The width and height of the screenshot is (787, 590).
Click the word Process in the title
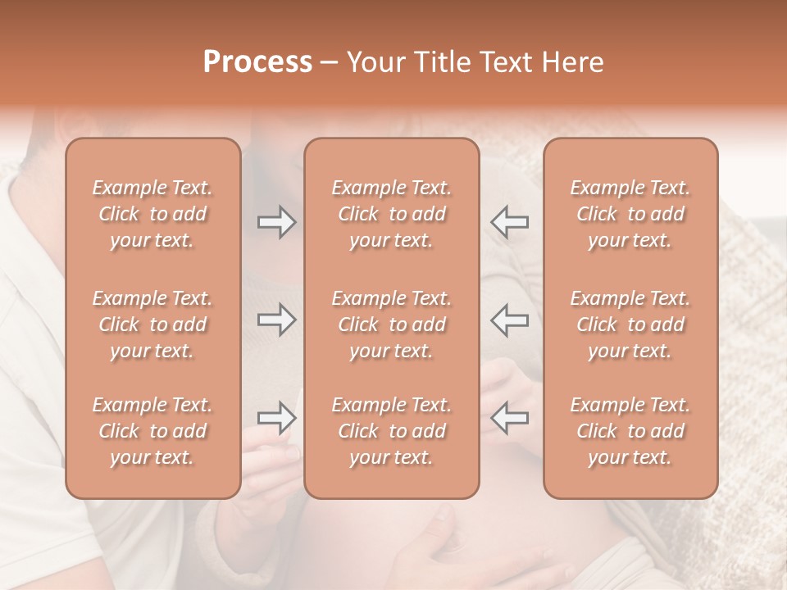[x=257, y=62]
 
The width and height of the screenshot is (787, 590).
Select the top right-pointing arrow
[x=276, y=221]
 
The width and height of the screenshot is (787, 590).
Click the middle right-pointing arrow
[x=276, y=320]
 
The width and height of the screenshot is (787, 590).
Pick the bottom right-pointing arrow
[x=276, y=418]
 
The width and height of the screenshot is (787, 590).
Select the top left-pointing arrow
[x=510, y=221]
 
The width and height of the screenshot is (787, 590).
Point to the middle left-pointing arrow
[x=510, y=320]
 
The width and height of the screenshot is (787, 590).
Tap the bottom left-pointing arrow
[x=510, y=418]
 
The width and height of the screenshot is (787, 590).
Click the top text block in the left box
[x=152, y=214]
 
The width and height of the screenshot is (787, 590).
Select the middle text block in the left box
[x=152, y=324]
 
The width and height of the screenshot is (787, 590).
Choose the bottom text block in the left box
[x=152, y=431]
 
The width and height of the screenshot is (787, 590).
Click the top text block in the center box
[x=391, y=214]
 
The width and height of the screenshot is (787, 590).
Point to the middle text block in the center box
[x=391, y=324]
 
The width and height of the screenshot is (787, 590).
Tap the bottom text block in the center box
[x=391, y=431]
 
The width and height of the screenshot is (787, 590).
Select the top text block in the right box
[x=630, y=214]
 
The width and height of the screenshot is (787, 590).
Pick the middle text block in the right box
[x=630, y=324]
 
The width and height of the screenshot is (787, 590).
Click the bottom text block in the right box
[x=630, y=431]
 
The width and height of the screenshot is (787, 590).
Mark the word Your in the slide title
[x=376, y=62]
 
